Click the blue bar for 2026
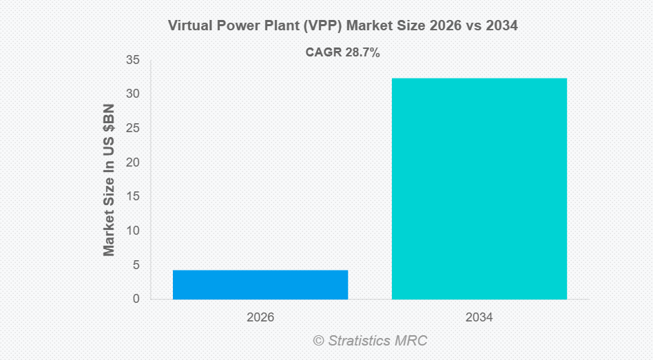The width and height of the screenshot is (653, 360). click(x=260, y=284)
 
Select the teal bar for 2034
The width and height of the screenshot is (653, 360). click(x=479, y=189)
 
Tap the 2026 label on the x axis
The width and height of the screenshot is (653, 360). click(x=260, y=318)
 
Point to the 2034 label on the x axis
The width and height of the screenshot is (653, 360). click(x=479, y=318)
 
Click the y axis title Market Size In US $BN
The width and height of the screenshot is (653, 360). click(x=110, y=180)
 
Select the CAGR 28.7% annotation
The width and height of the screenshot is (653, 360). click(x=342, y=52)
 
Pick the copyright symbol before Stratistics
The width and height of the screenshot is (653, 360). click(x=318, y=341)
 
